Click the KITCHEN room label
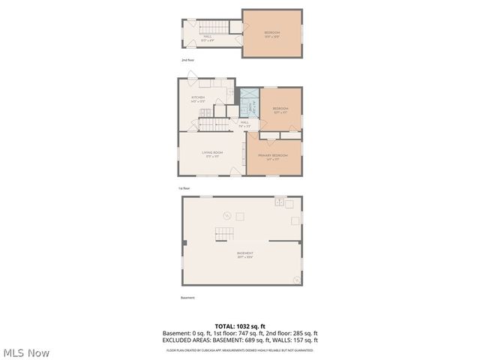pos(198,98)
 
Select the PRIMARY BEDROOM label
pos(273,155)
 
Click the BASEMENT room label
pos(244,254)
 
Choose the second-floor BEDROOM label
pos(271,33)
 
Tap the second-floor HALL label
pos(207,36)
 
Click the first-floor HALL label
pos(244,123)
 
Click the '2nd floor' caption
pos(187,59)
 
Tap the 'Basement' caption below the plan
pos(187,298)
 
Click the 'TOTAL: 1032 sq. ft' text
pos(240,325)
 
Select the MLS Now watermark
pos(27,352)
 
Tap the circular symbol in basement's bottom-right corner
pos(297,280)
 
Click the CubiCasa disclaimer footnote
pos(240,350)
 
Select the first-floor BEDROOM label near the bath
pos(280,109)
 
